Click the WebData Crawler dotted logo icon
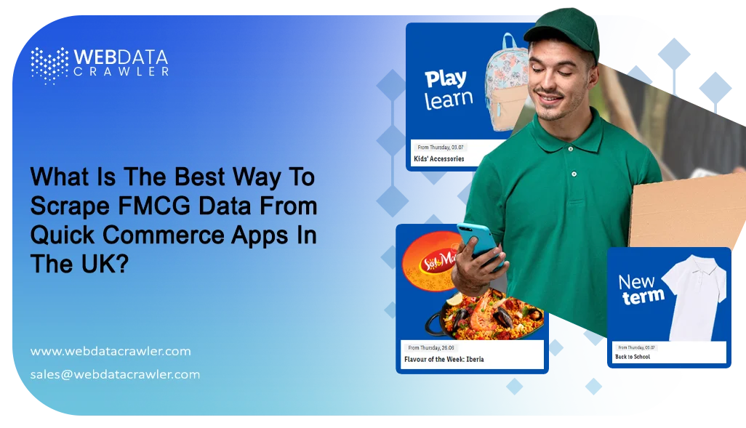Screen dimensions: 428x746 coord(49,64)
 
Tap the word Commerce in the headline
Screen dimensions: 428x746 coord(164,235)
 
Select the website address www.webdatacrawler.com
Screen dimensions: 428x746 coord(111,351)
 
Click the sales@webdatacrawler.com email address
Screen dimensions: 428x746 coord(115,374)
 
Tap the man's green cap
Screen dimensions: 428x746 coord(564,29)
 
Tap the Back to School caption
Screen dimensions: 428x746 coord(633,357)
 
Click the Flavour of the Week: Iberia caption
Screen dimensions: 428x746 coord(444,359)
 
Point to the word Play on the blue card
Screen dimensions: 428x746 coord(445,78)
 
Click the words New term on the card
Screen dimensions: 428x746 coord(641,288)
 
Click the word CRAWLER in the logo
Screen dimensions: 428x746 coord(121,72)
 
